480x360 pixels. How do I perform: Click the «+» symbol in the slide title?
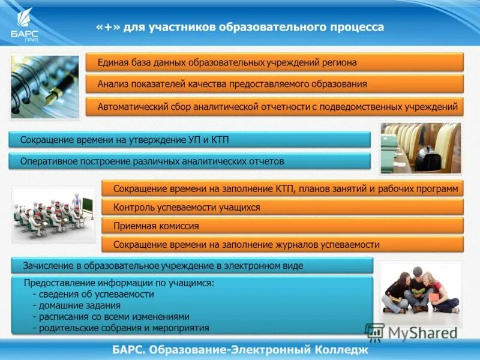[x=109, y=28]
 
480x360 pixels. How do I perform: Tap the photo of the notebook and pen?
[x=44, y=86]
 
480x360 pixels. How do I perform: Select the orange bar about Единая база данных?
[x=275, y=62]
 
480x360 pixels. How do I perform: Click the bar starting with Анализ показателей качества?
[x=275, y=84]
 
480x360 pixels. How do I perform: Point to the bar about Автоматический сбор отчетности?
[x=275, y=107]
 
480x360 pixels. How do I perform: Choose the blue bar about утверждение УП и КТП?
[x=190, y=140]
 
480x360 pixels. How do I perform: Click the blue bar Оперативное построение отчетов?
[x=190, y=161]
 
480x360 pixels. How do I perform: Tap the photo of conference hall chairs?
[x=420, y=148]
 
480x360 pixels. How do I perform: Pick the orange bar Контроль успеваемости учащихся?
[x=282, y=207]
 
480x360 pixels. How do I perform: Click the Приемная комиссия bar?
[x=282, y=226]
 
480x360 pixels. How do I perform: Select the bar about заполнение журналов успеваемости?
[x=282, y=245]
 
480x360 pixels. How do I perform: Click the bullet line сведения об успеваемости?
[x=93, y=295]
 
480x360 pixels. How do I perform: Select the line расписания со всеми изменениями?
[x=111, y=317]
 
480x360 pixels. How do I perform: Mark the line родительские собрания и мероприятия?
[x=121, y=328]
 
